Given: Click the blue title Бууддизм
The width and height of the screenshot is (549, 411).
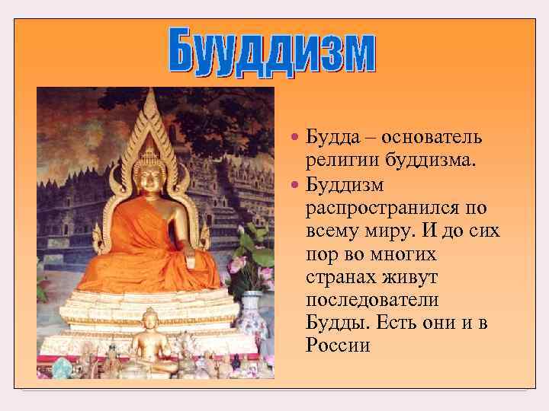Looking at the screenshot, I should click(273, 53).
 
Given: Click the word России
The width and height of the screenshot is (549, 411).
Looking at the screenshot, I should click(338, 346).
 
